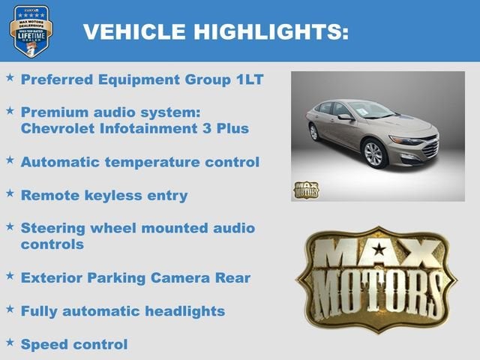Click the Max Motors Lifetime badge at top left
click(x=31, y=30)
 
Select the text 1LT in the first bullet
click(x=248, y=79)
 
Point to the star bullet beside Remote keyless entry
click(x=10, y=193)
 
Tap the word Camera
click(x=177, y=277)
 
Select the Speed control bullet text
click(x=74, y=344)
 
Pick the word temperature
click(x=150, y=161)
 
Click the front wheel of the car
click(x=374, y=154)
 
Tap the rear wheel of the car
click(x=314, y=132)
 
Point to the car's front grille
click(x=430, y=148)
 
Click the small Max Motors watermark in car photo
click(x=305, y=190)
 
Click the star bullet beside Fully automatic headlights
click(x=10, y=308)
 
